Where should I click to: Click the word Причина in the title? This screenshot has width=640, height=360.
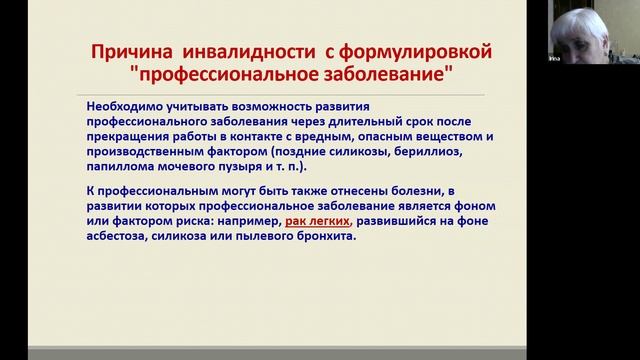(125, 50)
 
